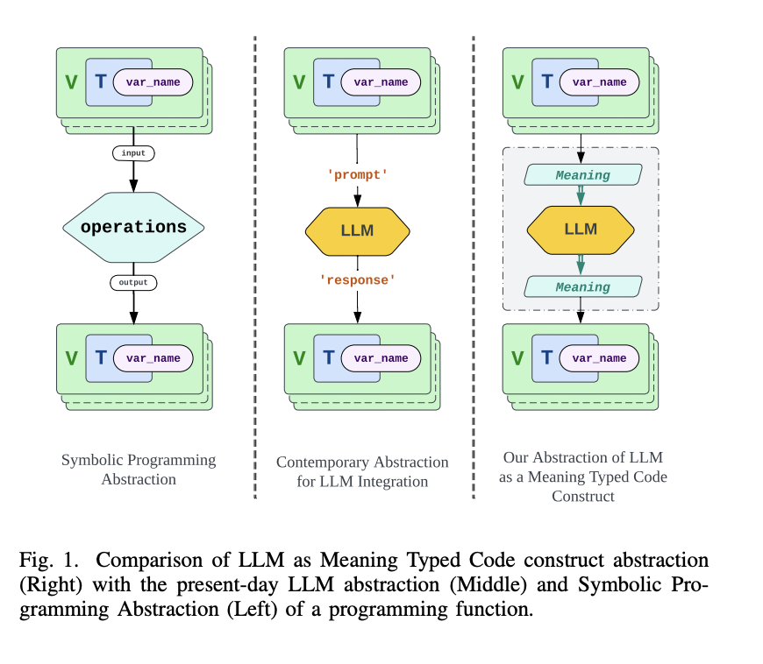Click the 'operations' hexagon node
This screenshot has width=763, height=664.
point(133,227)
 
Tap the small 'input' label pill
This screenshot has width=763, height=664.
point(133,152)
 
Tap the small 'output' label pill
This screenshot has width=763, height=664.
point(133,283)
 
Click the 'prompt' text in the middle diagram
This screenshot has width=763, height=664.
point(357,175)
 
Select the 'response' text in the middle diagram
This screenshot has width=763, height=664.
point(357,279)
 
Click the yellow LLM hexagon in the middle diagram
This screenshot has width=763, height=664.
point(357,230)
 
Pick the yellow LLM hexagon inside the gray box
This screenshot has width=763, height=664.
point(581,229)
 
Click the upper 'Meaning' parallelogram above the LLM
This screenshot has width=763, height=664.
point(582,175)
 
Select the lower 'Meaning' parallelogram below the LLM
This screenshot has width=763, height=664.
point(582,286)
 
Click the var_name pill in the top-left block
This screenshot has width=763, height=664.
point(153,82)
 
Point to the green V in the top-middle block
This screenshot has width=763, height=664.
point(299,83)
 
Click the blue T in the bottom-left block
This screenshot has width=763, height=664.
point(101,358)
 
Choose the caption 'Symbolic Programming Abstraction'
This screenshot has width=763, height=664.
point(139,470)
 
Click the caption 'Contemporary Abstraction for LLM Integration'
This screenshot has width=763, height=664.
point(362,471)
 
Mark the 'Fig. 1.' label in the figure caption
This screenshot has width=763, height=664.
point(44,560)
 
